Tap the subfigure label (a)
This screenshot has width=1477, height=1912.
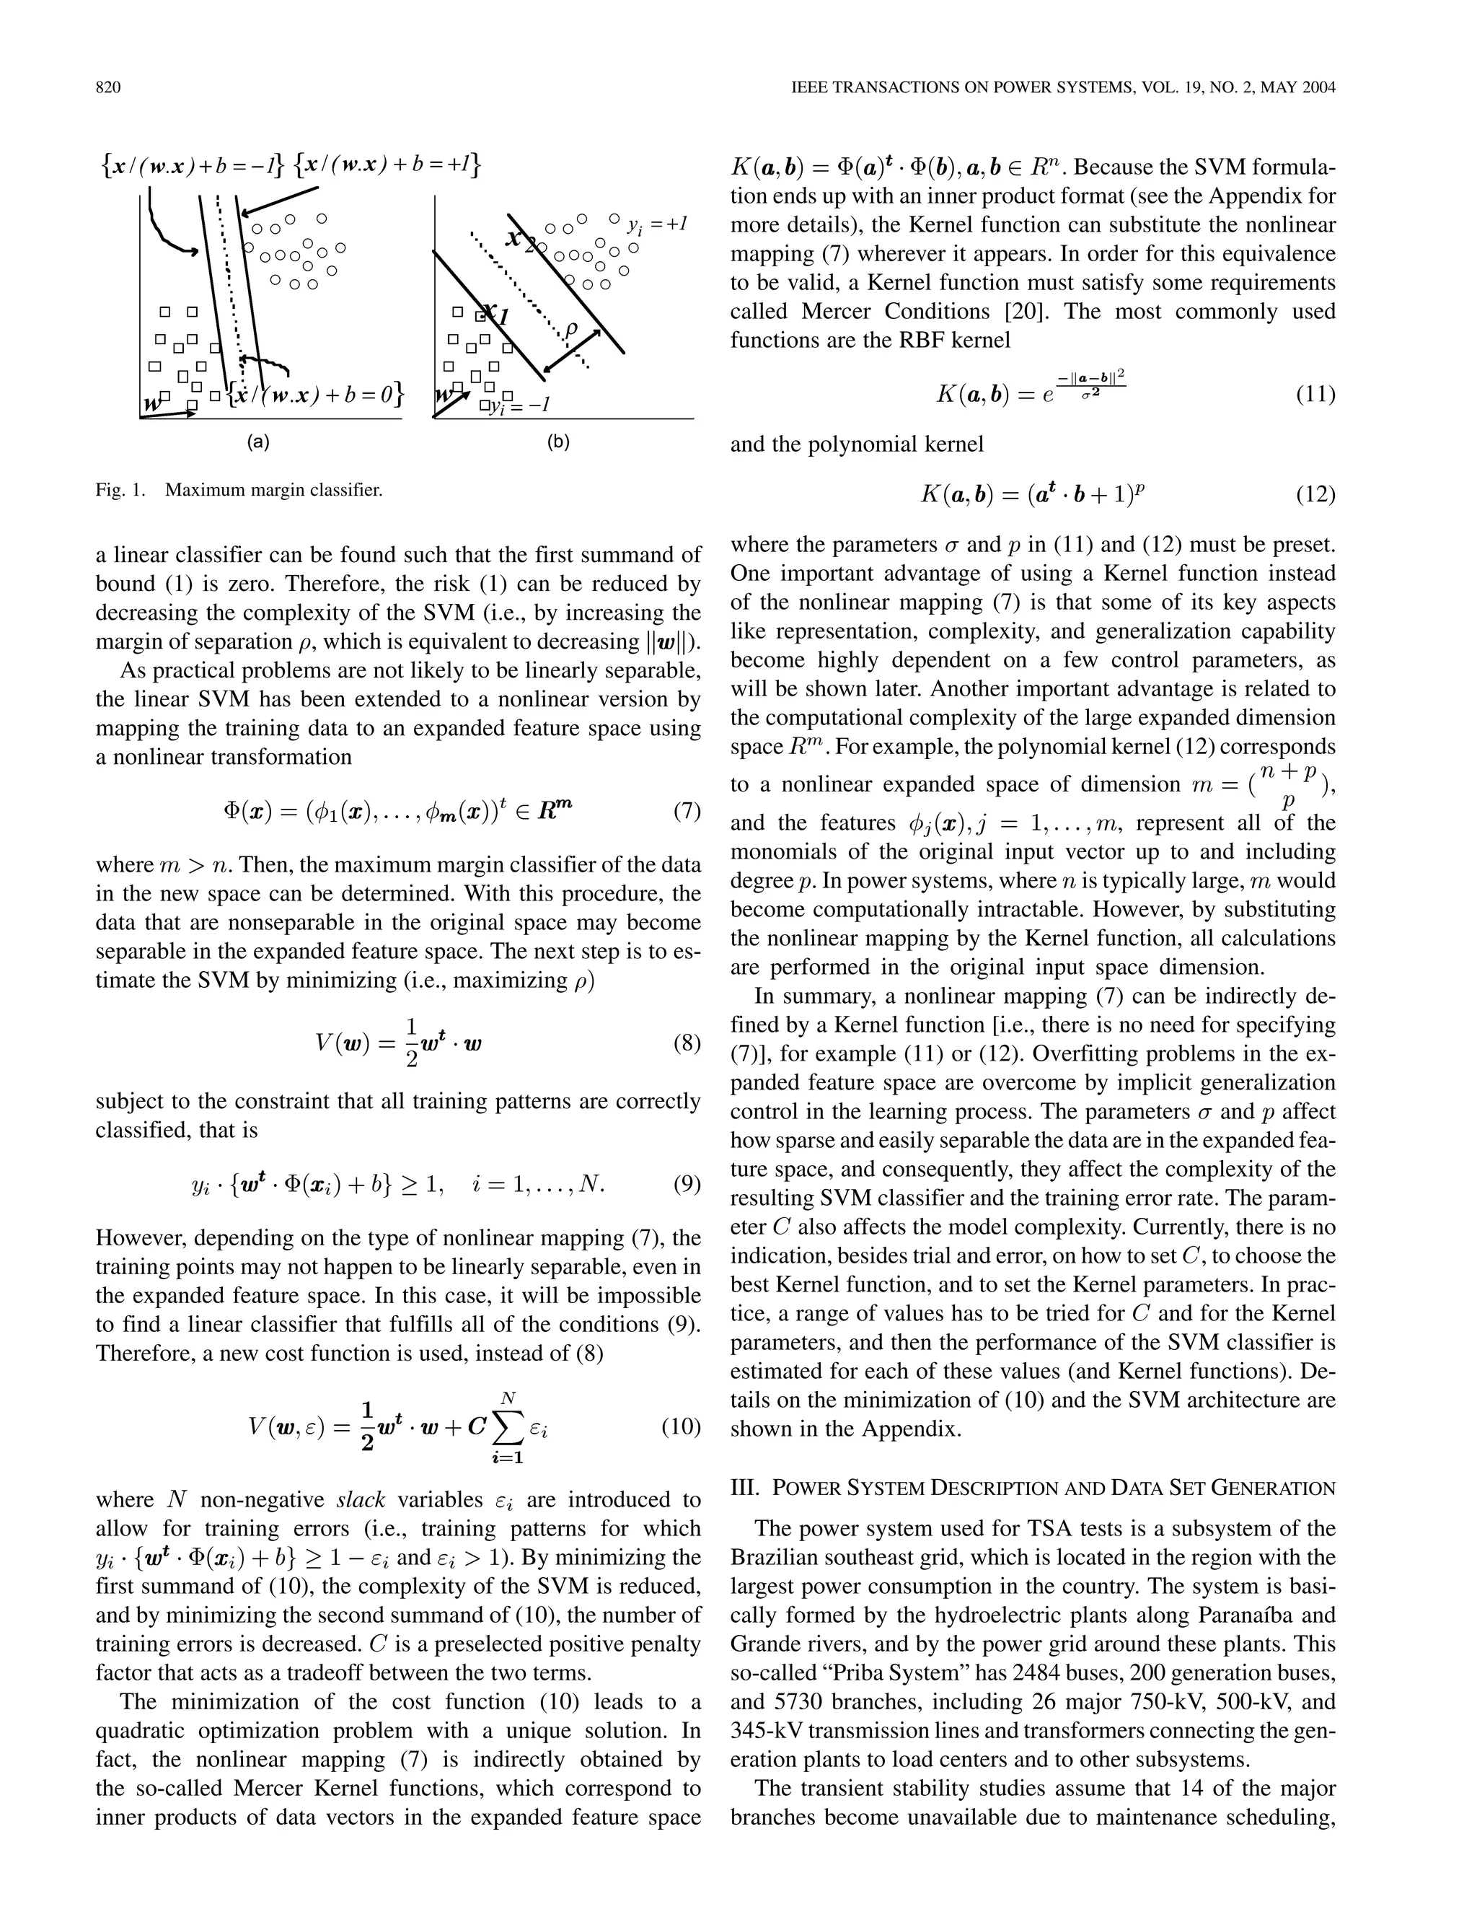257,442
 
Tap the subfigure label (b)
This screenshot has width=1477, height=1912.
558,442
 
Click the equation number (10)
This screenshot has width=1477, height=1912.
682,1426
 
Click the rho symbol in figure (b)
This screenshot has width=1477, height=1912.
571,329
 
